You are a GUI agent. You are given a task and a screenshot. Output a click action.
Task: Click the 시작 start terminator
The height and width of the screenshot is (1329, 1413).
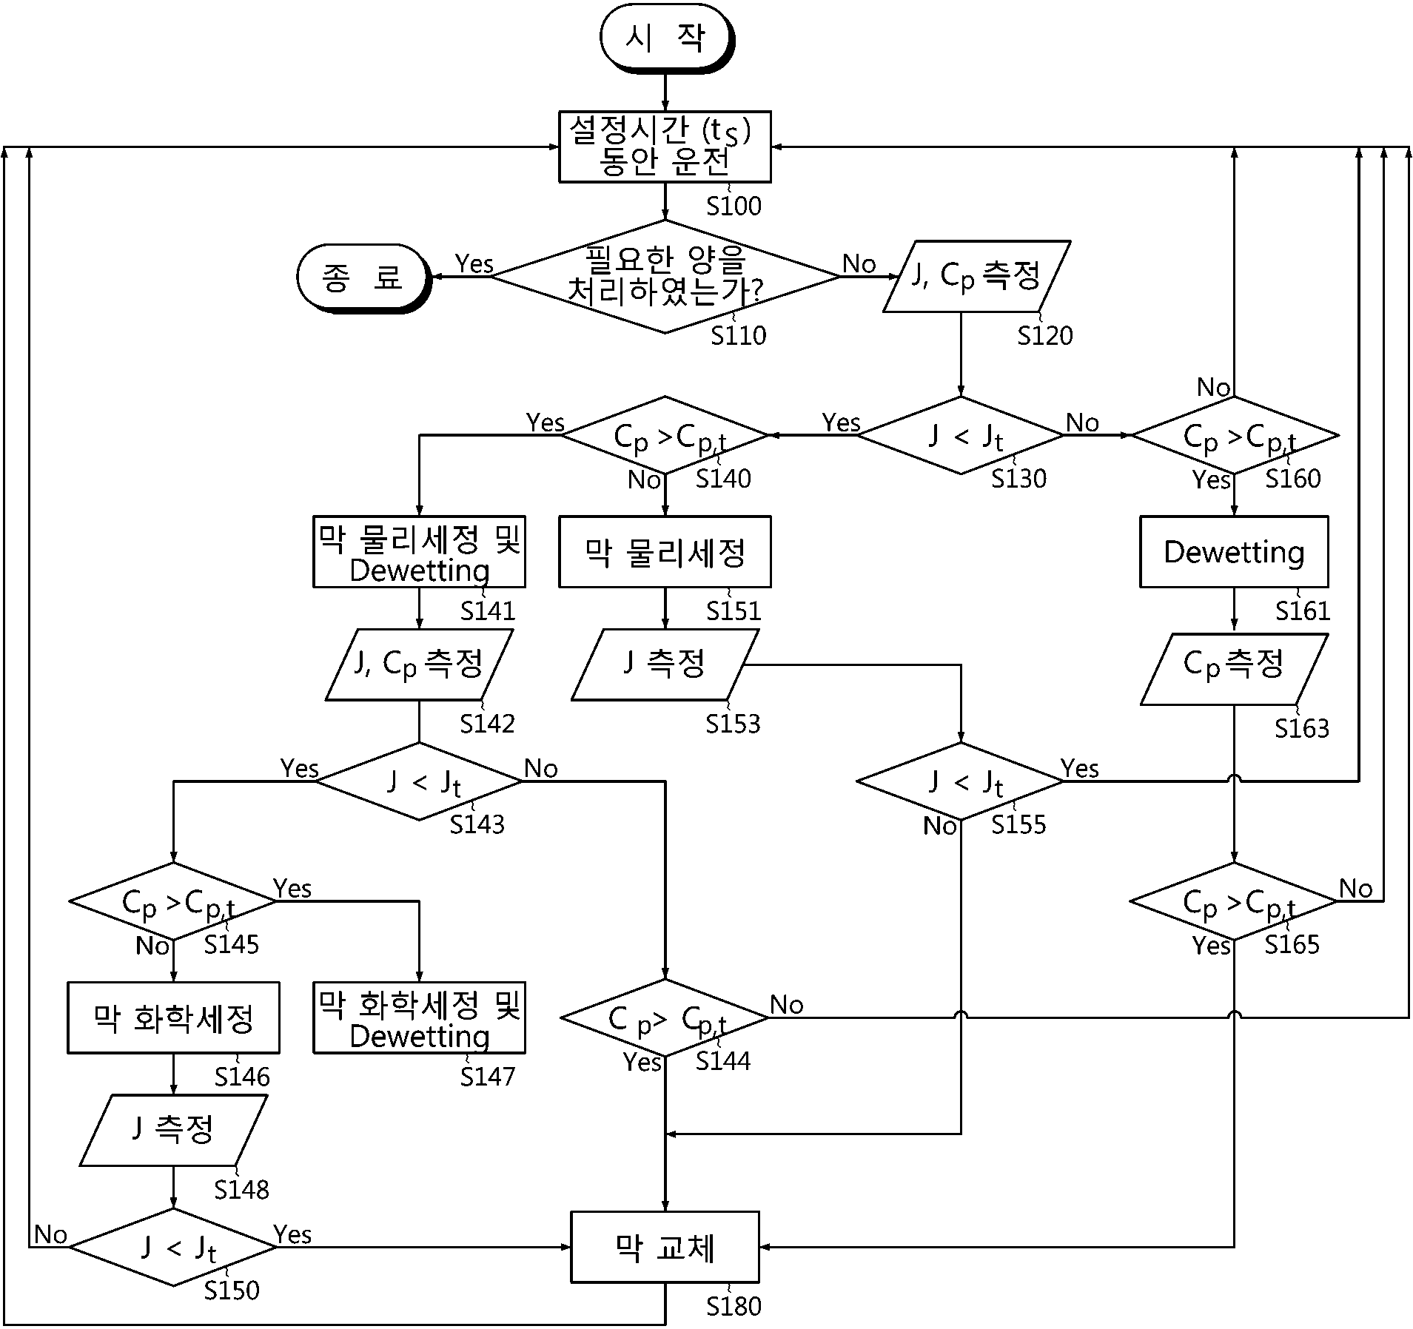pyautogui.click(x=666, y=38)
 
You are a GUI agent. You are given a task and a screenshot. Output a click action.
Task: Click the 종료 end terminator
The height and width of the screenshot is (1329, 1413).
pyautogui.click(x=363, y=277)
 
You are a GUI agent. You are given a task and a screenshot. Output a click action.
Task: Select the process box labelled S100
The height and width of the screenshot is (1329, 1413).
pyautogui.click(x=665, y=147)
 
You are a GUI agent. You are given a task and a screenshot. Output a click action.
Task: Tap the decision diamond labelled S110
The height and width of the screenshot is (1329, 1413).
pyautogui.click(x=665, y=276)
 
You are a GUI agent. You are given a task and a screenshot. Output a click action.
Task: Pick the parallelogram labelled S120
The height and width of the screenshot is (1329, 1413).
pyautogui.click(x=977, y=276)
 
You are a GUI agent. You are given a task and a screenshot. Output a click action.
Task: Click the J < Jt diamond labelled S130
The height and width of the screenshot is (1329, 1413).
pyautogui.click(x=961, y=435)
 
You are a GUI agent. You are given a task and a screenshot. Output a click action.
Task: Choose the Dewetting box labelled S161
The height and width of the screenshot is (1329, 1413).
pyautogui.click(x=1234, y=552)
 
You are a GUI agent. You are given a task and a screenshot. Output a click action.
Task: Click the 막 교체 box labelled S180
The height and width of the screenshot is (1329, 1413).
pyautogui.click(x=665, y=1247)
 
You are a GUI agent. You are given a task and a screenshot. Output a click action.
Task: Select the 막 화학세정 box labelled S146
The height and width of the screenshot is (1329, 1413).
pyautogui.click(x=173, y=1017)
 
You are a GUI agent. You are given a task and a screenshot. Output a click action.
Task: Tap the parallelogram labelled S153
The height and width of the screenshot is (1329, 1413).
pyautogui.click(x=665, y=664)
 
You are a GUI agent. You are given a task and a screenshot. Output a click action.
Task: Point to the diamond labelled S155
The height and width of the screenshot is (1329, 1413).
pyautogui.click(x=961, y=781)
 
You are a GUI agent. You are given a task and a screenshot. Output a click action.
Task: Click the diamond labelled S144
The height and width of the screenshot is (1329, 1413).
pyautogui.click(x=665, y=1017)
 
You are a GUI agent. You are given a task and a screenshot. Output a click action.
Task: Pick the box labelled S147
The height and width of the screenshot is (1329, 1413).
pyautogui.click(x=419, y=1017)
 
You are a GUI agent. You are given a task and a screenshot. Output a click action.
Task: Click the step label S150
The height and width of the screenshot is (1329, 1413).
pyautogui.click(x=232, y=1290)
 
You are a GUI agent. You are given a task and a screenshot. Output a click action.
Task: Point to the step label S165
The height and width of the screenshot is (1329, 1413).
pyautogui.click(x=1292, y=944)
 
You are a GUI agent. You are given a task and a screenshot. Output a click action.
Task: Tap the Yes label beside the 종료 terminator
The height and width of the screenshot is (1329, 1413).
pyautogui.click(x=474, y=263)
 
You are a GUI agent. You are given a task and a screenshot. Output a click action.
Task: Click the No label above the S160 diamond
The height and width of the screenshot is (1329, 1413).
pyautogui.click(x=1214, y=387)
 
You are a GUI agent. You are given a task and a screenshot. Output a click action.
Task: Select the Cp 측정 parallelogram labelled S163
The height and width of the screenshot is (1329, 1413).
pyautogui.click(x=1234, y=669)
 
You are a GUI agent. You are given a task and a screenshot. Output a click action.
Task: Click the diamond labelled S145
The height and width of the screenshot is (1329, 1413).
pyautogui.click(x=173, y=901)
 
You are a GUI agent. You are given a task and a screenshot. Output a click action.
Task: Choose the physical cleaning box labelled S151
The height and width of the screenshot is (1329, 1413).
pyautogui.click(x=665, y=552)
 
